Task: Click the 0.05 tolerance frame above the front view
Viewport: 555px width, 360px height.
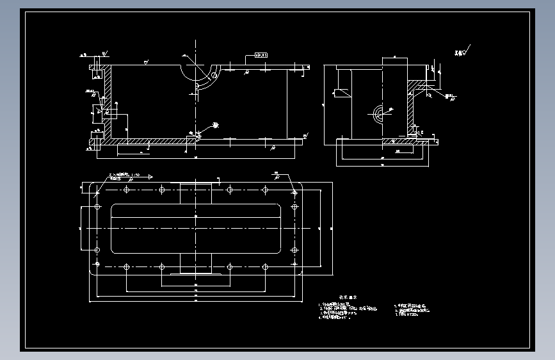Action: [x=261, y=56]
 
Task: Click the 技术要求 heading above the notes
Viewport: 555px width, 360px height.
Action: [x=348, y=297]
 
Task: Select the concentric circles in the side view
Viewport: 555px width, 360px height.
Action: [x=378, y=113]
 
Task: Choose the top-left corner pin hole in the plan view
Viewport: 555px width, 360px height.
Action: [x=97, y=190]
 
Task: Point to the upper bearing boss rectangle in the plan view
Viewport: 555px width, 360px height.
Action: [x=195, y=193]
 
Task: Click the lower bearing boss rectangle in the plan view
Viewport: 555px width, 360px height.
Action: [x=195, y=263]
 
